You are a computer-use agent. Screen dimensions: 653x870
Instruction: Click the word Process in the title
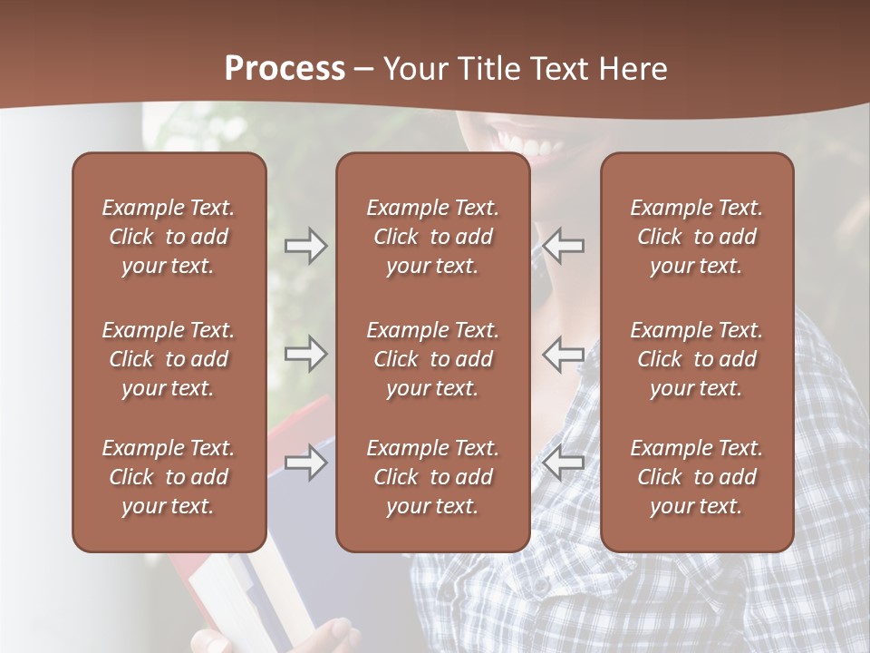[285, 69]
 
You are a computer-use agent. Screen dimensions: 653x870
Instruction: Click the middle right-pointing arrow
[306, 355]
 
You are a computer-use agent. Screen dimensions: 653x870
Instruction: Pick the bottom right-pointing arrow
[306, 463]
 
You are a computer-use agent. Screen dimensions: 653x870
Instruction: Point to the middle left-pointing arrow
[564, 355]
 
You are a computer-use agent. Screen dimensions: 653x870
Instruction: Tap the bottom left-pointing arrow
[564, 463]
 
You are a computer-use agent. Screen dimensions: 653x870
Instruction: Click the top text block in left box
[169, 237]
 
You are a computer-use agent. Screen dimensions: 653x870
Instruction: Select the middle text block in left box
[169, 359]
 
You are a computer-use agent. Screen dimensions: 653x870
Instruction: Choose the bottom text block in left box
[169, 477]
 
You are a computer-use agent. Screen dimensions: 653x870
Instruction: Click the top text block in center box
[432, 237]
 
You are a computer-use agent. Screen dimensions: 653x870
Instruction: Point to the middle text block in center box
[432, 359]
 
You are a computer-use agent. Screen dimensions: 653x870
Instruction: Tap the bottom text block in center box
[432, 477]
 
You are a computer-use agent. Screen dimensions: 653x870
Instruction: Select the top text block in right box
[696, 237]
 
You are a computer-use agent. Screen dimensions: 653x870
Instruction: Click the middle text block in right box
[696, 359]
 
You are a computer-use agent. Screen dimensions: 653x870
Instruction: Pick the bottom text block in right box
[696, 477]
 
